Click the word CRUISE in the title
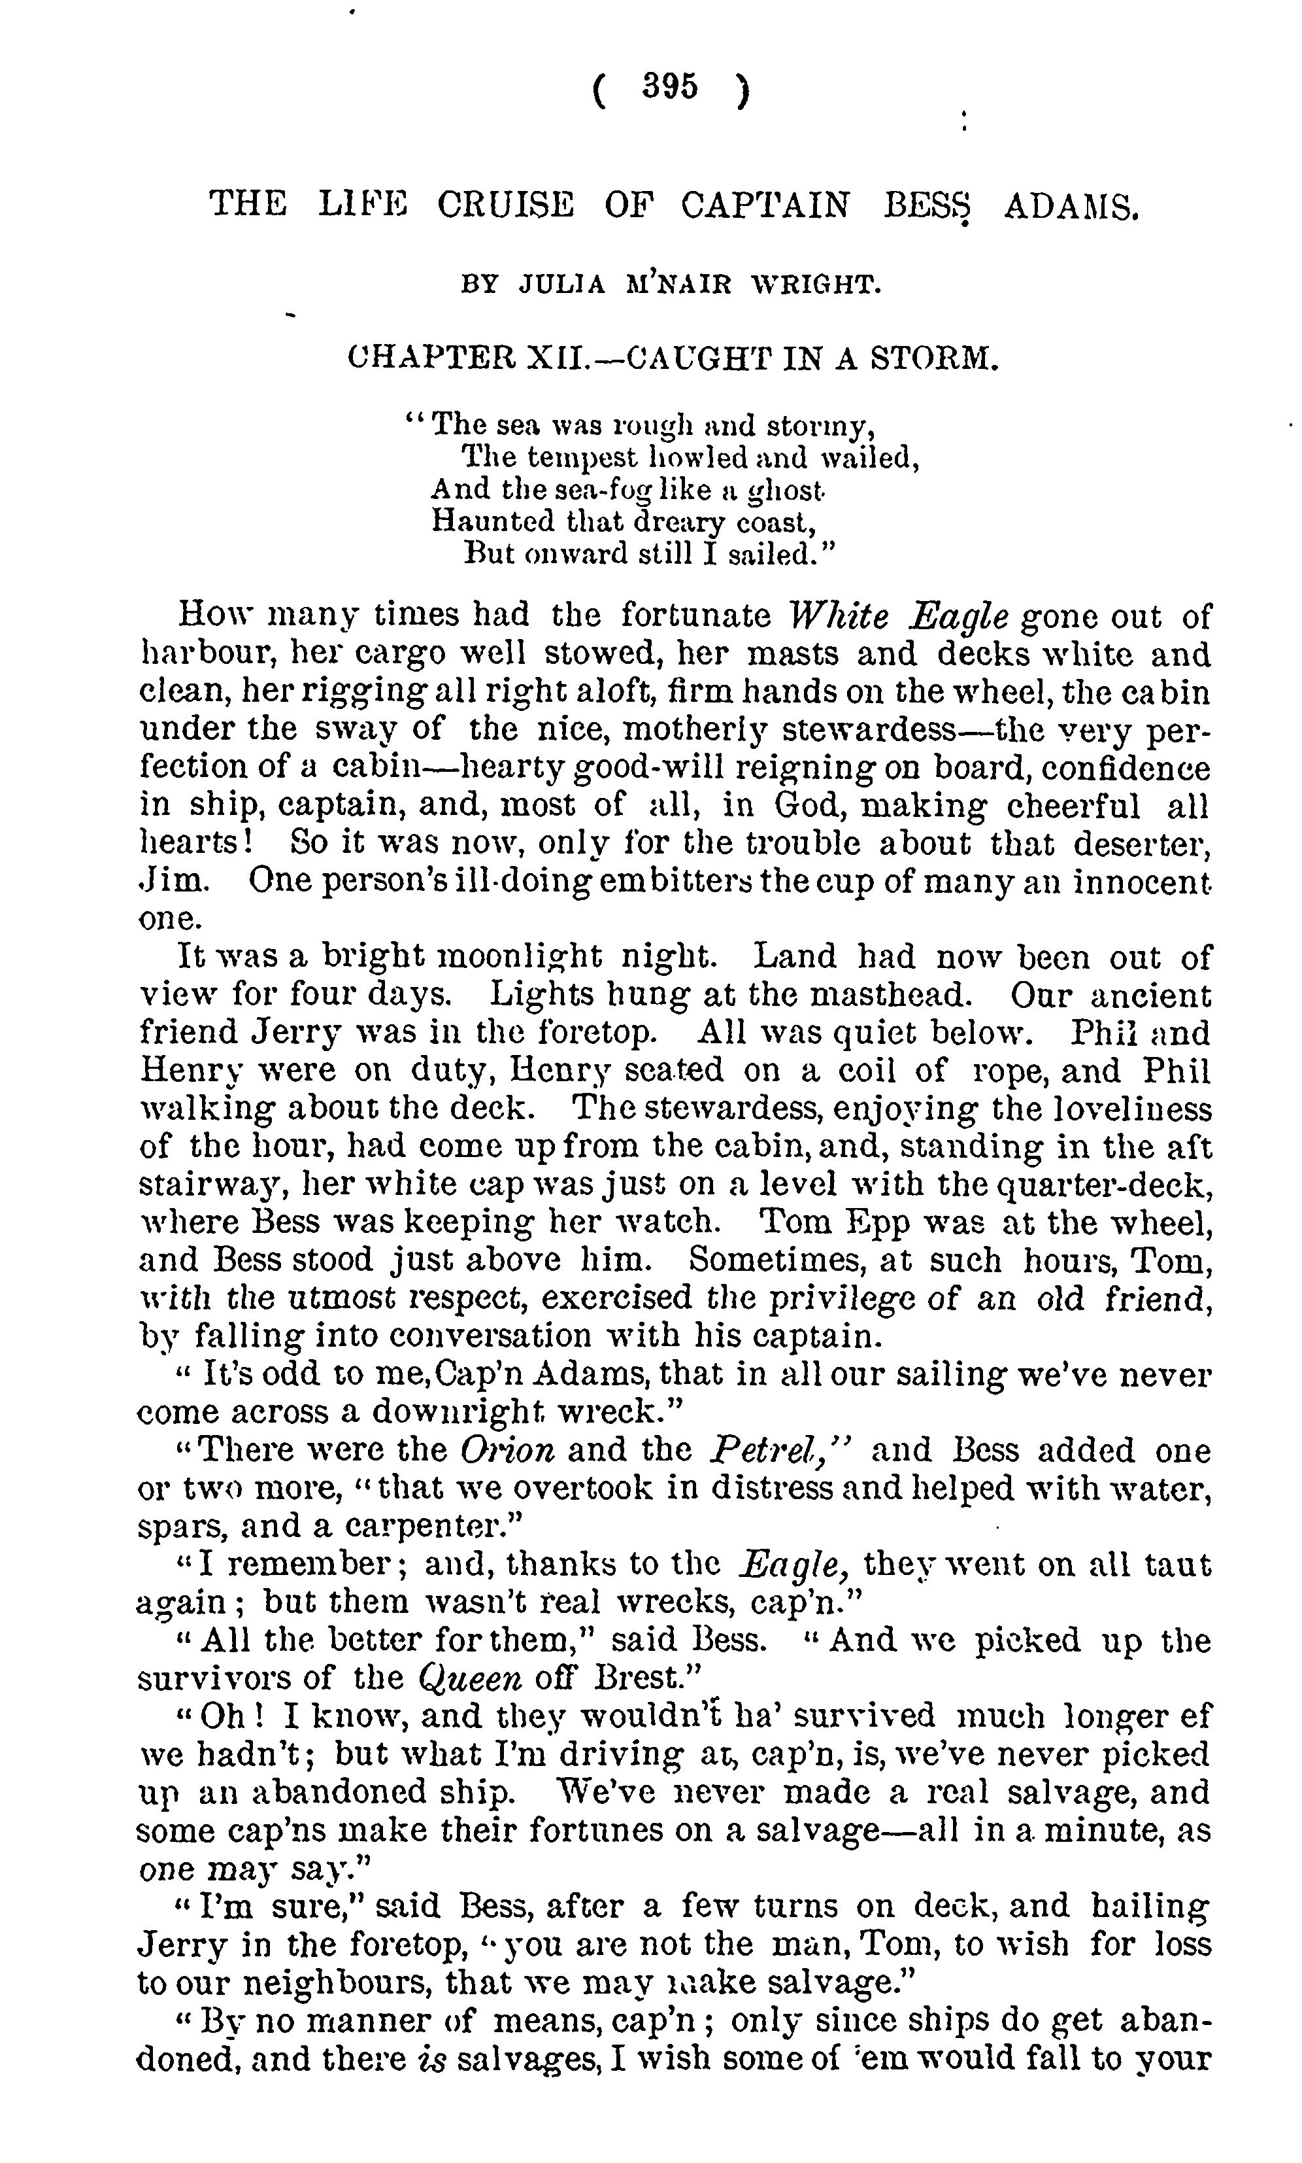click(505, 205)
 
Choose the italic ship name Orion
click(507, 1449)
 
